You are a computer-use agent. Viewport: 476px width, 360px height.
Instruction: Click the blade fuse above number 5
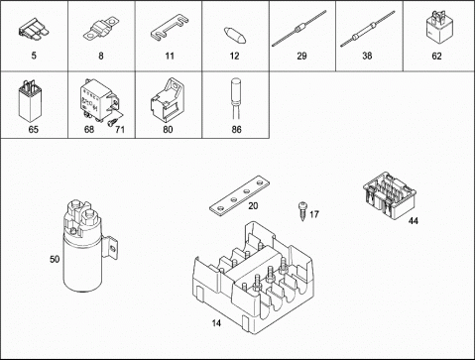pos(33,29)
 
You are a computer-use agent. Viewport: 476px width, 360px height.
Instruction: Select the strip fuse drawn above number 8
pos(101,29)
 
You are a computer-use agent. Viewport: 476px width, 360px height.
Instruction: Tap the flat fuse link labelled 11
pos(170,29)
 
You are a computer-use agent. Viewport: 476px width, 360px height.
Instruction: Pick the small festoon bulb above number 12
pos(235,36)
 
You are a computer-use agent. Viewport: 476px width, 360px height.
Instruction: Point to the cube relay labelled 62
pos(437,27)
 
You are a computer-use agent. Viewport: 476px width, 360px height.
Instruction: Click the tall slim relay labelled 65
pos(30,101)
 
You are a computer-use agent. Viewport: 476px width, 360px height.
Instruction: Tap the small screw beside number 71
pos(112,122)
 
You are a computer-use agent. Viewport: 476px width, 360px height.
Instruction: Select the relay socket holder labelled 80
pos(168,100)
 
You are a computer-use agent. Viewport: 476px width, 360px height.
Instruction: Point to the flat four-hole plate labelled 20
pos(240,196)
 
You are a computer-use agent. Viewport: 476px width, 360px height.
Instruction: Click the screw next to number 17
pos(302,211)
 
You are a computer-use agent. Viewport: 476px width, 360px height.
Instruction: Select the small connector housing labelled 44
pos(390,195)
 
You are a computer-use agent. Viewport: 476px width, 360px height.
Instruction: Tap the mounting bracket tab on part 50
pos(111,247)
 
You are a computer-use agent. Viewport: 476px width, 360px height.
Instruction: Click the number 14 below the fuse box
pos(216,322)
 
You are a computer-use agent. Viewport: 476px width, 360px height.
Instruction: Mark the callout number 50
pos(55,259)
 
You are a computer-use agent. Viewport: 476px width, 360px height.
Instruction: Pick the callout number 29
pos(301,56)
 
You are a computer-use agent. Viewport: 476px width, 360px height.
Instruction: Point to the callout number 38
pos(367,56)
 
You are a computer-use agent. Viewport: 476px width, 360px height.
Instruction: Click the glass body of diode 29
pos(299,28)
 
